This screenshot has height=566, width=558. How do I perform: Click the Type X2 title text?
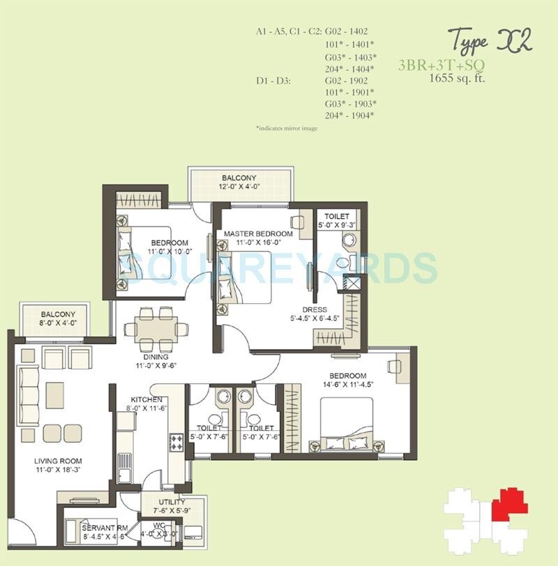point(489,41)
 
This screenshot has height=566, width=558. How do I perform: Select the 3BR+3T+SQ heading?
point(442,66)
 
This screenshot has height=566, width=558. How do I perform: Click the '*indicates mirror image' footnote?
point(286,129)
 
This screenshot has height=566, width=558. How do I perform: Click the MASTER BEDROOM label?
point(258,234)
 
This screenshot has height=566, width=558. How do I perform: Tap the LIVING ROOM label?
point(59,461)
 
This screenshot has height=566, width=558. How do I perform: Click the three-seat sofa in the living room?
point(28,393)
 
